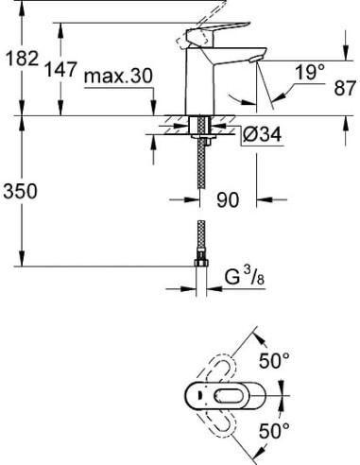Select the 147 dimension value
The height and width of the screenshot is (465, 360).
pyautogui.click(x=61, y=71)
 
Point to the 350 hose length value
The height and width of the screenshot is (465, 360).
pyautogui.click(x=22, y=192)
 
